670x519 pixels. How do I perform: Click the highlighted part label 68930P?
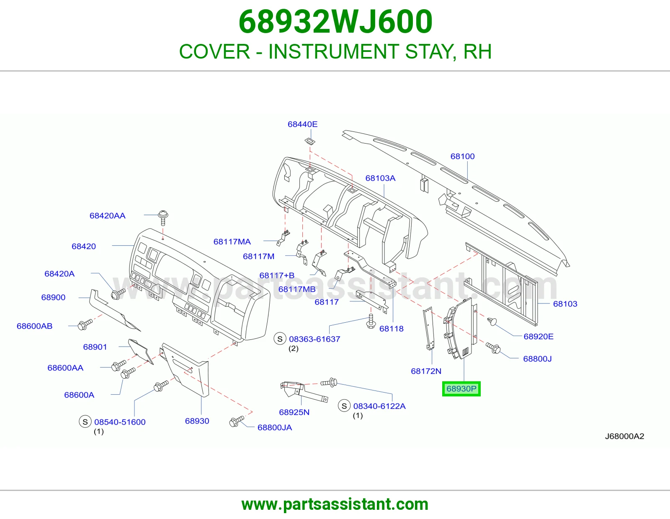click(461, 389)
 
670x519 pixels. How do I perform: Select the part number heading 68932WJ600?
click(335, 21)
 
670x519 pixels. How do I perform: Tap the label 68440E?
click(302, 124)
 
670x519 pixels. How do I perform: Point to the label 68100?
click(462, 156)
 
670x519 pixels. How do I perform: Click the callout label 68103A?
click(380, 178)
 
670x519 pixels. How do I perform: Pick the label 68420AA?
click(107, 216)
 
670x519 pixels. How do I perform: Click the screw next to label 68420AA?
click(163, 218)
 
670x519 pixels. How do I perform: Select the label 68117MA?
click(232, 242)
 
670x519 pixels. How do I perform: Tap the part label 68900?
click(53, 298)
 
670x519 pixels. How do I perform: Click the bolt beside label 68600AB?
click(85, 324)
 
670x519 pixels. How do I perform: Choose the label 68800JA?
click(274, 427)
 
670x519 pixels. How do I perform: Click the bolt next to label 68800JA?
click(237, 421)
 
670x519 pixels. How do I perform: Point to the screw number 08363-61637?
click(314, 339)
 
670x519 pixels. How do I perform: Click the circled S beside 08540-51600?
click(85, 421)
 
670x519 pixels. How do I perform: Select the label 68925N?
click(294, 412)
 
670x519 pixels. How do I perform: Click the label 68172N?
click(426, 371)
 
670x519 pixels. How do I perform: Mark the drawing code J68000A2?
click(624, 436)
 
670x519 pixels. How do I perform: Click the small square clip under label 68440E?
click(310, 141)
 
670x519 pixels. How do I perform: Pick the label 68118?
click(391, 329)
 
